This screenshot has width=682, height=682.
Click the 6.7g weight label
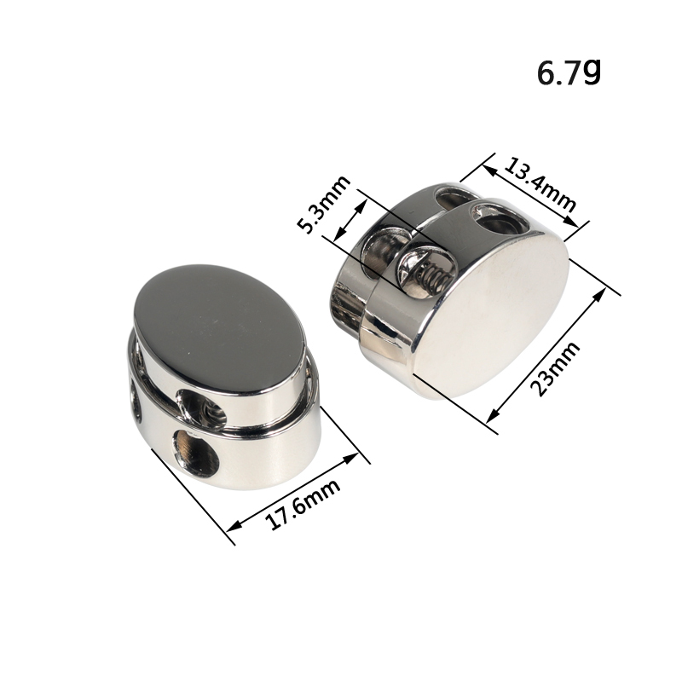[569, 72]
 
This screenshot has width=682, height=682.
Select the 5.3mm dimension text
[324, 205]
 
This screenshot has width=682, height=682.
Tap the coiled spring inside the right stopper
[433, 276]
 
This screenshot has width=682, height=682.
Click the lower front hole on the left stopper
[195, 453]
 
